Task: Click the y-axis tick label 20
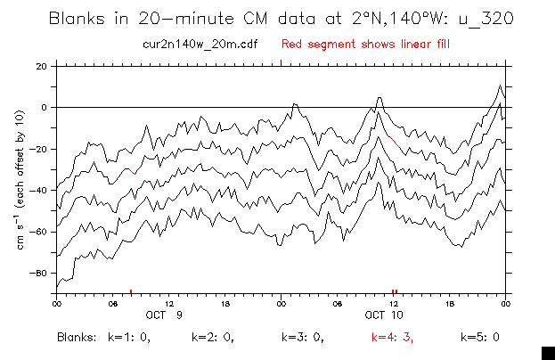point(41,66)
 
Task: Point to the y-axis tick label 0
point(44,107)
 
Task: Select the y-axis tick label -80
point(39,273)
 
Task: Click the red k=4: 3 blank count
point(391,338)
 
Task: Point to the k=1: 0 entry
point(128,338)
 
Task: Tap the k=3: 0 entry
point(302,338)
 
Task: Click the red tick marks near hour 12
point(395,291)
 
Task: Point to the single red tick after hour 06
point(131,291)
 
